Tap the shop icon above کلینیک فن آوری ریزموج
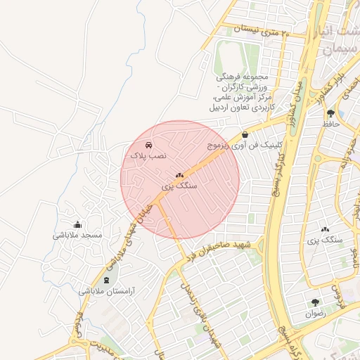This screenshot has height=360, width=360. [x=245, y=135]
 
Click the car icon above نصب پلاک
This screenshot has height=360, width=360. [x=148, y=144]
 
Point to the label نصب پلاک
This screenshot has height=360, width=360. [x=146, y=155]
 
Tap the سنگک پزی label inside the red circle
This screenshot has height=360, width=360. [x=179, y=186]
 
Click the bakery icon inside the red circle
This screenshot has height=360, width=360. [x=179, y=176]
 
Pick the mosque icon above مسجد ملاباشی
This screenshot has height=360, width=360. [x=77, y=224]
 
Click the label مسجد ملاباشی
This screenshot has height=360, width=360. [x=77, y=235]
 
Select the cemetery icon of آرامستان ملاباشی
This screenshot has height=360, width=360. [x=106, y=279]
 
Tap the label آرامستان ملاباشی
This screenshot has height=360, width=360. [x=105, y=290]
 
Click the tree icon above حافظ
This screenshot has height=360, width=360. [x=330, y=112]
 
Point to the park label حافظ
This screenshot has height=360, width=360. [x=330, y=123]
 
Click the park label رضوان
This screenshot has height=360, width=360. [x=316, y=314]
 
